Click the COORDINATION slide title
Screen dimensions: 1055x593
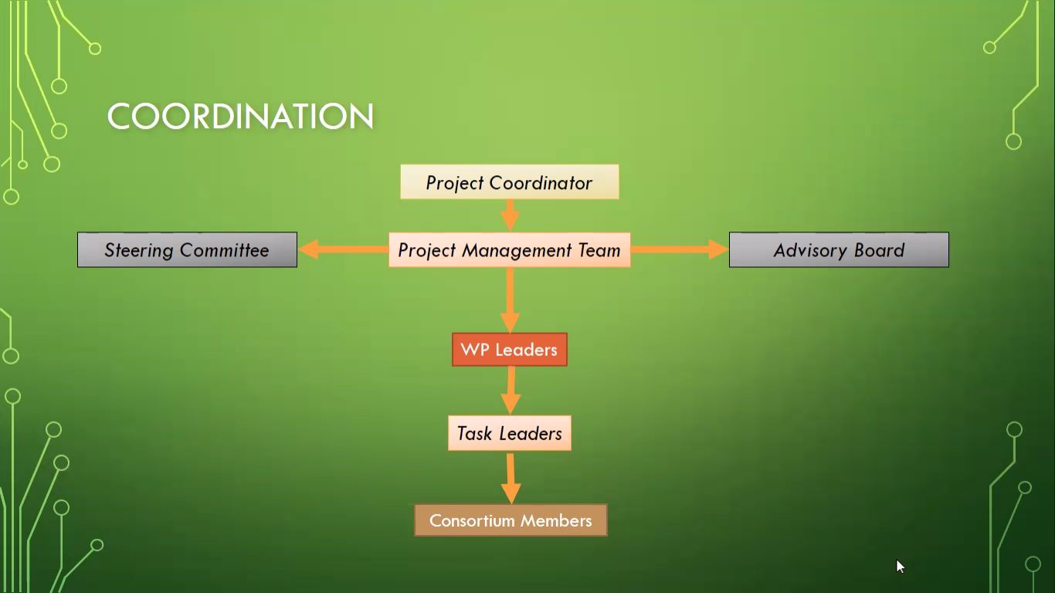(x=241, y=116)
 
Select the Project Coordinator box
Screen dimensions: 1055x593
(x=510, y=181)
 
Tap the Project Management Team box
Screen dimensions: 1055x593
(x=510, y=249)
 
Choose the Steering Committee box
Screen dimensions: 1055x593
(x=187, y=249)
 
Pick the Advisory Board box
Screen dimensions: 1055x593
(x=839, y=249)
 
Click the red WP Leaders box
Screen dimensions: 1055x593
(x=510, y=350)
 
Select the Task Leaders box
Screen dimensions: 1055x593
(x=510, y=433)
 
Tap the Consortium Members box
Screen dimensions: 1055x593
(x=511, y=520)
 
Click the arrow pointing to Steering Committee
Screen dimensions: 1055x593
(x=344, y=249)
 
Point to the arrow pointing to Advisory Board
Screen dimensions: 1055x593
(x=680, y=249)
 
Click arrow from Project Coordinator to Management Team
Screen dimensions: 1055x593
(x=510, y=215)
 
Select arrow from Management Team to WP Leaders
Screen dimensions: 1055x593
(x=510, y=300)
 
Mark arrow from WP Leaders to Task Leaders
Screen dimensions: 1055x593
(x=511, y=391)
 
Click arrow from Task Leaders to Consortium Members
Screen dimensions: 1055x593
(x=511, y=478)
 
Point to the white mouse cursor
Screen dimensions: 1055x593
(x=900, y=566)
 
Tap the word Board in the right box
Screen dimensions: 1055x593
(x=880, y=250)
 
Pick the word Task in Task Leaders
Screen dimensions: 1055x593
(x=474, y=433)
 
